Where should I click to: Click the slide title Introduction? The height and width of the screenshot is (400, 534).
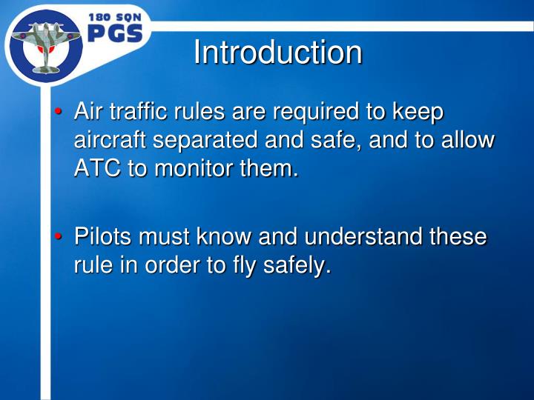277,53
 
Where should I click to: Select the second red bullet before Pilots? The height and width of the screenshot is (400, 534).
57,236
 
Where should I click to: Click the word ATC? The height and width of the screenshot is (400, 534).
98,168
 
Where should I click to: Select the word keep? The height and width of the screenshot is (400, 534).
418,113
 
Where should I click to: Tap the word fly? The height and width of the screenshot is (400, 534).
231,266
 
